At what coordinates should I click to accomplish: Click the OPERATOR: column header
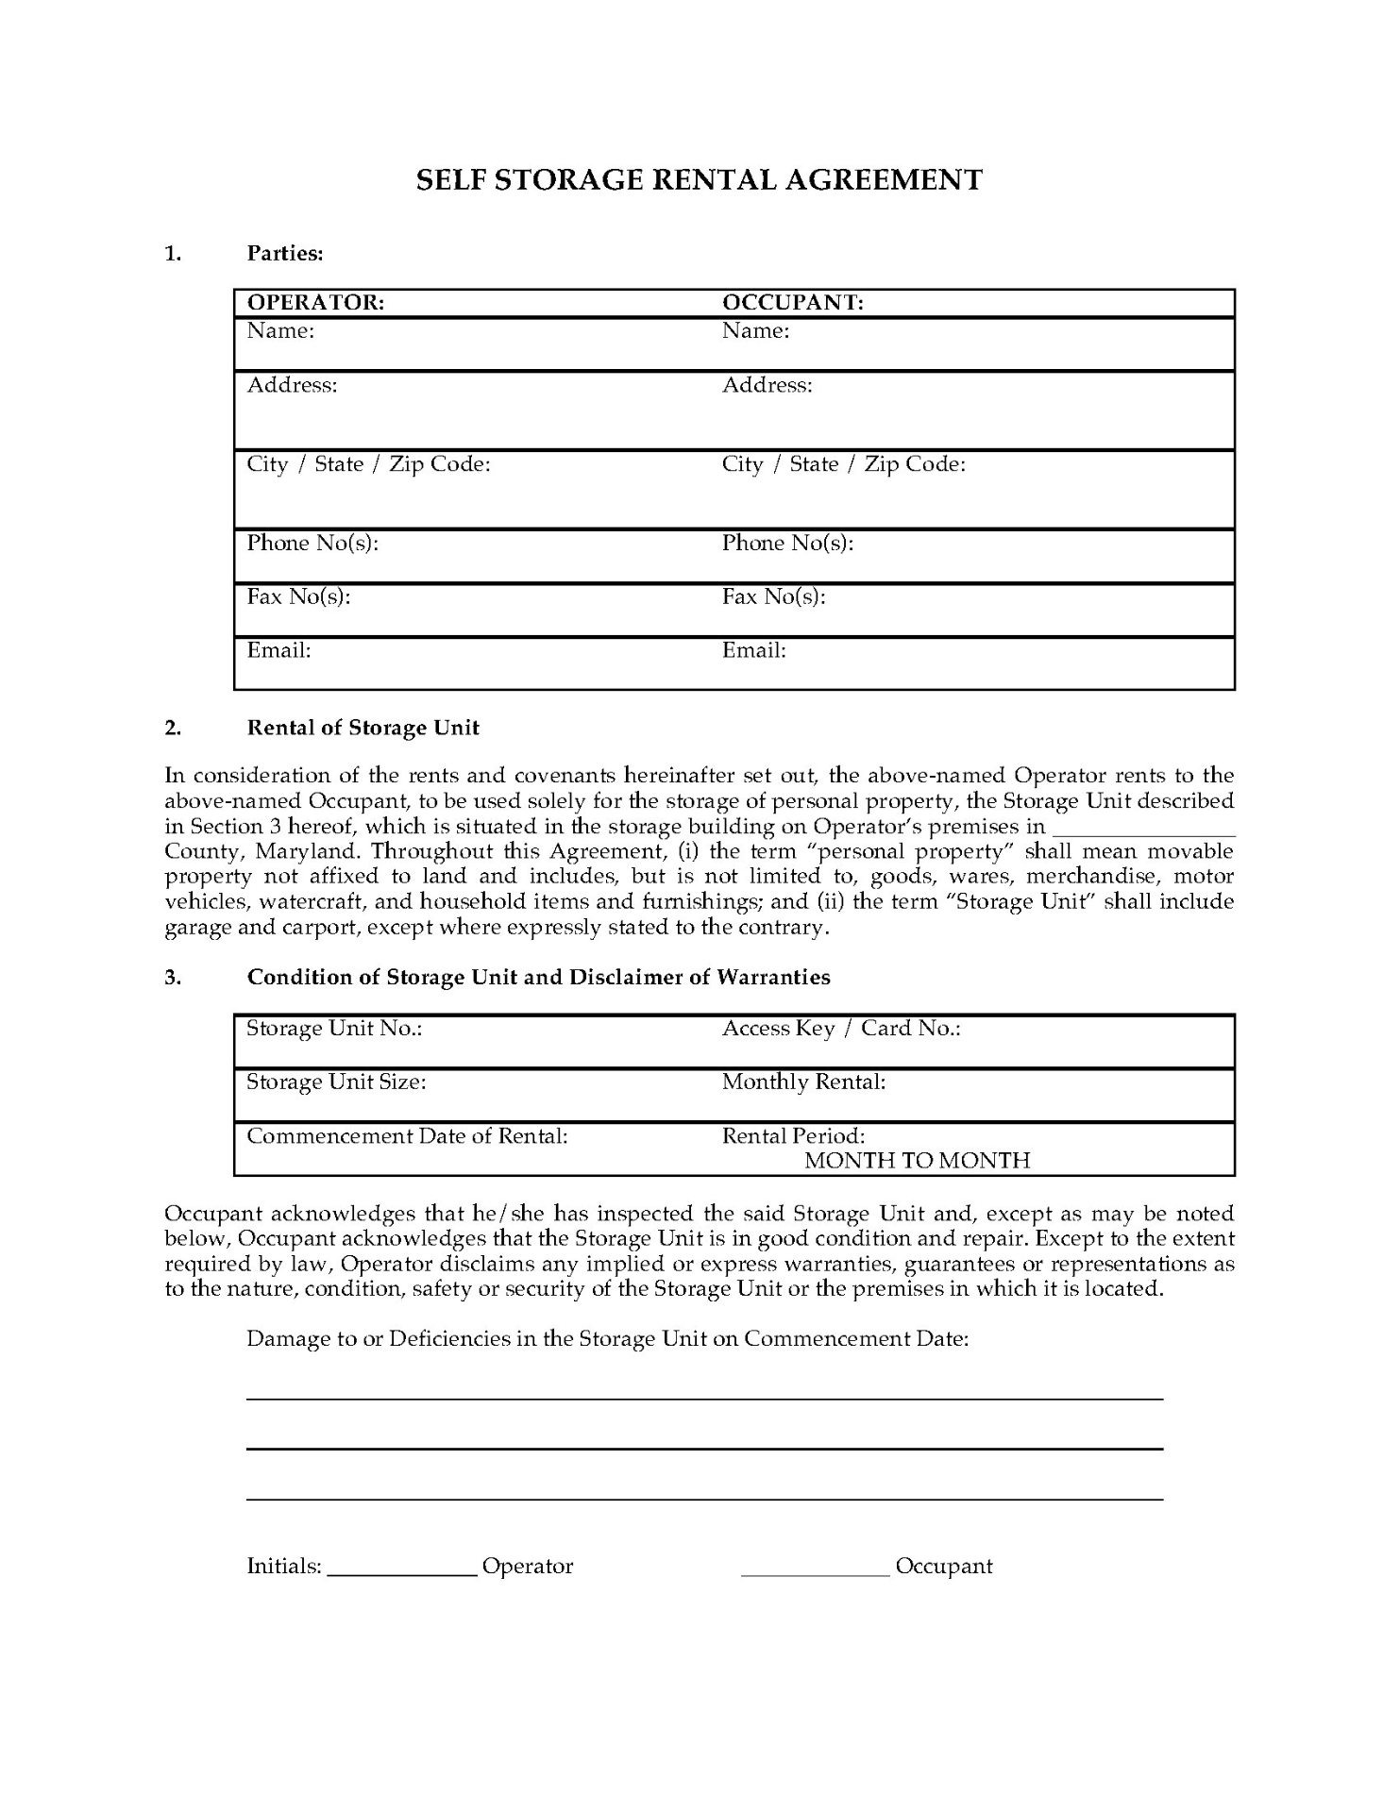coord(315,302)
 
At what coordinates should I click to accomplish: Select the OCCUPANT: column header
coord(793,302)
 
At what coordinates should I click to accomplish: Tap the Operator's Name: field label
coord(280,330)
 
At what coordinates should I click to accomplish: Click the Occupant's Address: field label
coord(767,385)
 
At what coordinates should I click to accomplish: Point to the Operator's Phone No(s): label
coord(312,543)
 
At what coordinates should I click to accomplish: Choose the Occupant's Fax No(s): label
coord(773,596)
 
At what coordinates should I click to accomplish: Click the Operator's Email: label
coord(278,650)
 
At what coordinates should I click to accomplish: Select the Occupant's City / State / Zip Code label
coord(843,464)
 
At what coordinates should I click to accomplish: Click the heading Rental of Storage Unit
coord(363,728)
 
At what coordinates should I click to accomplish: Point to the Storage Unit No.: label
coord(333,1028)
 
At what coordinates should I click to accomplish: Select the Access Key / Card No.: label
coord(840,1028)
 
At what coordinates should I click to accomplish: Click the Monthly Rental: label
coord(803,1082)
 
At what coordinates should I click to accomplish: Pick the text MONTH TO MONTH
coord(917,1161)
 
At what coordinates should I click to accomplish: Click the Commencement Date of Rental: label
coord(407,1135)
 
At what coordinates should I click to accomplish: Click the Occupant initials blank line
coord(816,1570)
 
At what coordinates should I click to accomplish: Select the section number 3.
coord(173,977)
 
